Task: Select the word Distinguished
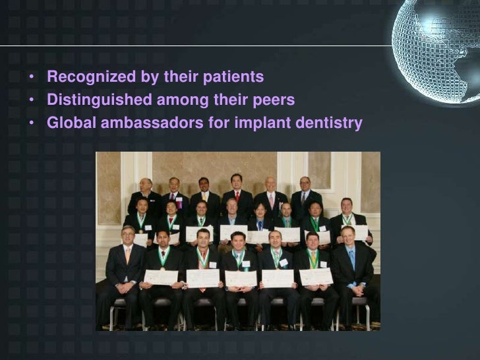coord(98,100)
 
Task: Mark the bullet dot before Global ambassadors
coord(32,123)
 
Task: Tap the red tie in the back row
coord(237,196)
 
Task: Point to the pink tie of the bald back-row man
coord(271,199)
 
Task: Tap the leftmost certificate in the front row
coord(161,277)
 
